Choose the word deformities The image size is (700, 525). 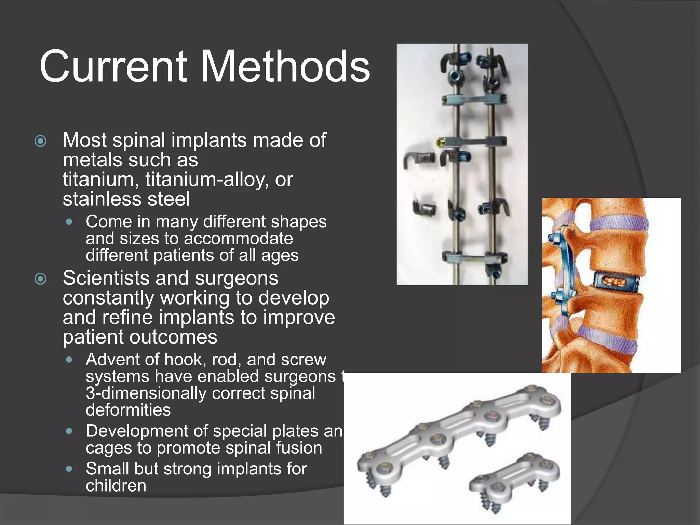pyautogui.click(x=128, y=410)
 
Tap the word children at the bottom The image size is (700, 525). pyautogui.click(x=116, y=485)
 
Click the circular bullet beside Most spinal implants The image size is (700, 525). pyautogui.click(x=41, y=141)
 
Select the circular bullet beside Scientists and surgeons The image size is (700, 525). pyautogui.click(x=41, y=279)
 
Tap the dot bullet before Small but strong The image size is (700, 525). pyautogui.click(x=69, y=469)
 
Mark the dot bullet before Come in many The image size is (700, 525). pyautogui.click(x=69, y=222)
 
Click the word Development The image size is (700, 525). pyautogui.click(x=137, y=431)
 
